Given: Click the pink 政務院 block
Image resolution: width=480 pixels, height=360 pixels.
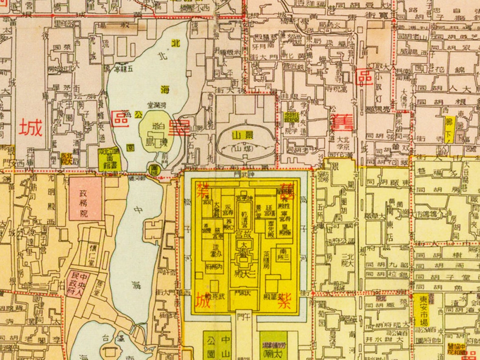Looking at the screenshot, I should point(85,198).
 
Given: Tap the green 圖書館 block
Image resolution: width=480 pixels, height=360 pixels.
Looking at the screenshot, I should point(109,159).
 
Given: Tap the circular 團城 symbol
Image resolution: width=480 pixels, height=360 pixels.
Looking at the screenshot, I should point(154,169).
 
